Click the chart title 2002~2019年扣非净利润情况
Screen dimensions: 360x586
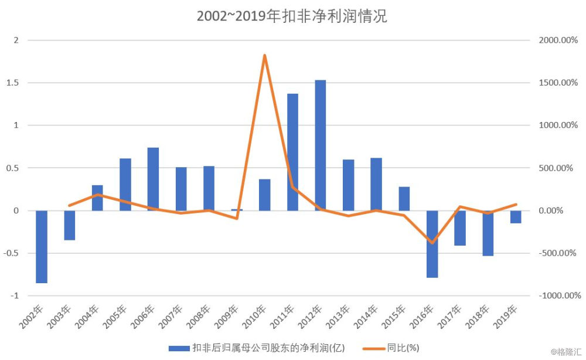tap(291, 16)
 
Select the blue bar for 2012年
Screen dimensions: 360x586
tap(321, 145)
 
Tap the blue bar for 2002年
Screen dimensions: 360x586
tap(42, 246)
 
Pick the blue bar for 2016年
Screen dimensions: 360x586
tap(432, 244)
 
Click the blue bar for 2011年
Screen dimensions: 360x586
tap(292, 152)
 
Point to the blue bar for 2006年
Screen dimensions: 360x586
tap(153, 179)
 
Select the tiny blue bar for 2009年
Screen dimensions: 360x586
tap(237, 209)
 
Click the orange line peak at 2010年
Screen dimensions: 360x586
tap(265, 56)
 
